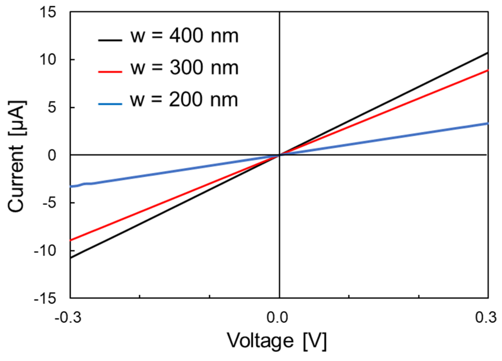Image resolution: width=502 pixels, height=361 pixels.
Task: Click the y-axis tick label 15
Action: [x=48, y=12]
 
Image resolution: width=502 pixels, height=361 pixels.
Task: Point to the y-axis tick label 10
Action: [x=48, y=60]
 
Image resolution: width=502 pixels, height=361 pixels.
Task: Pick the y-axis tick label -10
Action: [x=45, y=251]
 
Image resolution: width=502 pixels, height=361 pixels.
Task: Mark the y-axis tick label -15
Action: [x=45, y=298]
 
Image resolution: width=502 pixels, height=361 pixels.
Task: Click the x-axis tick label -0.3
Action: [x=68, y=317]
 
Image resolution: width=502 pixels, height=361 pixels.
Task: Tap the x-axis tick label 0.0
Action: [x=277, y=317]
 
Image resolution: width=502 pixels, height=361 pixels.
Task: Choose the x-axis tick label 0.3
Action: [x=486, y=317]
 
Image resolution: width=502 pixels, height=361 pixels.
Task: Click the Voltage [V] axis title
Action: [x=277, y=341]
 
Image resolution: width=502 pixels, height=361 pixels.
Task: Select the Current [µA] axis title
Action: [x=16, y=156]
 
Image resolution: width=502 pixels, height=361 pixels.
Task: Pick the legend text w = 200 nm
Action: [x=184, y=100]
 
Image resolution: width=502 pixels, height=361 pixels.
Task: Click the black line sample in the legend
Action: [x=110, y=40]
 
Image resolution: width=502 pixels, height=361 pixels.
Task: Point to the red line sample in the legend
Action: [x=110, y=72]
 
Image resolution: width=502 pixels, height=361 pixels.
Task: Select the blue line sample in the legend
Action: [x=110, y=104]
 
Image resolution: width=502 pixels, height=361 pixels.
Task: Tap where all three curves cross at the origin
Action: [x=280, y=155]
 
